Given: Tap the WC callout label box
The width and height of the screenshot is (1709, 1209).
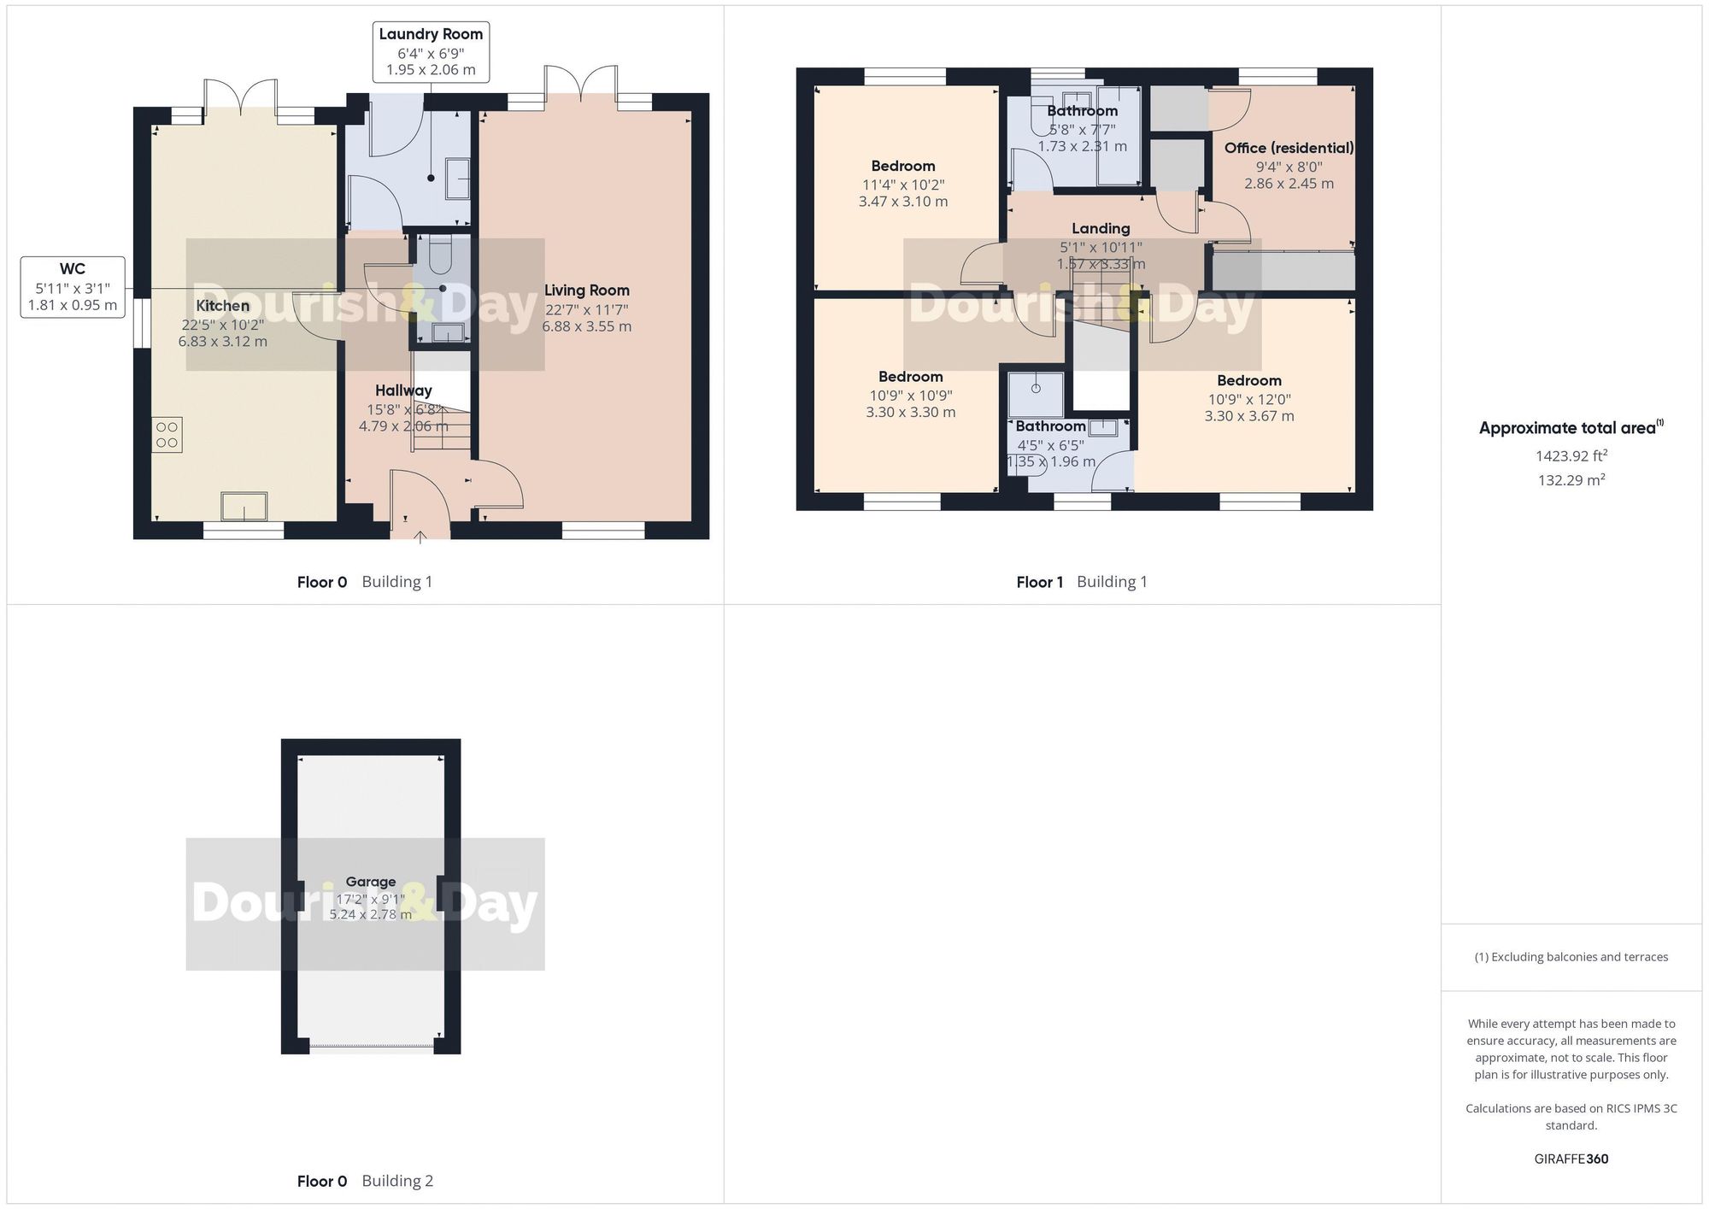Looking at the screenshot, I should [x=73, y=287].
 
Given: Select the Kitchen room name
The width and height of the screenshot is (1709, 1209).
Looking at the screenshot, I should [x=223, y=306].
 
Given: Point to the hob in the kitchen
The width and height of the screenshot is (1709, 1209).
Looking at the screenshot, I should [x=167, y=435].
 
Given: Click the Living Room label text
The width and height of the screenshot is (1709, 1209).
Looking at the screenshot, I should [x=586, y=291].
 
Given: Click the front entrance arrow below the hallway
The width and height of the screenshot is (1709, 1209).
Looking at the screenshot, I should [x=420, y=537].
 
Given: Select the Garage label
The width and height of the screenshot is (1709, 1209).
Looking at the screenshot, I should [x=371, y=882].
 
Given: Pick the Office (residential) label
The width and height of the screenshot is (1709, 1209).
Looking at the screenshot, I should [x=1289, y=148].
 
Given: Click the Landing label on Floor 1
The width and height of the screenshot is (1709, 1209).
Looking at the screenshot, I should [x=1101, y=228].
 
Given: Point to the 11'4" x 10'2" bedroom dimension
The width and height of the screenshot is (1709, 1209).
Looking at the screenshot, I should [x=903, y=185].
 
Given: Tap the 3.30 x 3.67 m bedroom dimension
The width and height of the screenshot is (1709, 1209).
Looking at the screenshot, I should [x=1249, y=416].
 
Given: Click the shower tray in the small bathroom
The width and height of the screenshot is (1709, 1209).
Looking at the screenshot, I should [x=1036, y=394].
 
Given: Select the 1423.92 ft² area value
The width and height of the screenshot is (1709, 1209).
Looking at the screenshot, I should [x=1571, y=456].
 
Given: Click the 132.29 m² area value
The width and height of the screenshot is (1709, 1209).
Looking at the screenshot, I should [x=1571, y=480].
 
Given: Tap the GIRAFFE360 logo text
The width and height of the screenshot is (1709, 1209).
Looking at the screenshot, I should [x=1571, y=1159].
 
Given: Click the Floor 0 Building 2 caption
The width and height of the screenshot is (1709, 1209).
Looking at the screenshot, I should [x=365, y=1181].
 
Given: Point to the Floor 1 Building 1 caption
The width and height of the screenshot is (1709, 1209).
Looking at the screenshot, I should [x=1082, y=582].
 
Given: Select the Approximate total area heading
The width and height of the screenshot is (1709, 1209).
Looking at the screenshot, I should [x=1571, y=428].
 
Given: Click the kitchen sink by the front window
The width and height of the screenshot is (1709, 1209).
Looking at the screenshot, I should [x=244, y=507].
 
